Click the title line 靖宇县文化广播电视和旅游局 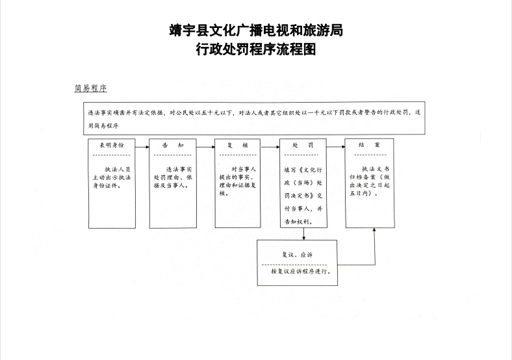tap(257, 31)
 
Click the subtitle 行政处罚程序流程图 tap(256, 49)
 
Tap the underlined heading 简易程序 tap(90, 88)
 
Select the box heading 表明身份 tap(112, 146)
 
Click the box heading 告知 tap(173, 146)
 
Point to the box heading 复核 tap(238, 145)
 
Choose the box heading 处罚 tap(303, 145)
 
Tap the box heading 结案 tap(369, 145)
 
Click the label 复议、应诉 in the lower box tap(297, 255)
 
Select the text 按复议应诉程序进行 tap(301, 271)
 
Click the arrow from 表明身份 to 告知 tap(142, 147)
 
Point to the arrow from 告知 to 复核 tap(205, 147)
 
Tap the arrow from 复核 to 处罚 tap(270, 147)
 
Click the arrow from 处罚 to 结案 tap(336, 147)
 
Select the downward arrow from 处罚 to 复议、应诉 tap(304, 234)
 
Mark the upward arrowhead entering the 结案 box tap(374, 229)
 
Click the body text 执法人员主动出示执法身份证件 tap(112, 177)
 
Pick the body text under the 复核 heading tap(238, 181)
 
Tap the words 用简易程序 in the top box tap(103, 126)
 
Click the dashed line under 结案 tap(370, 155)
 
